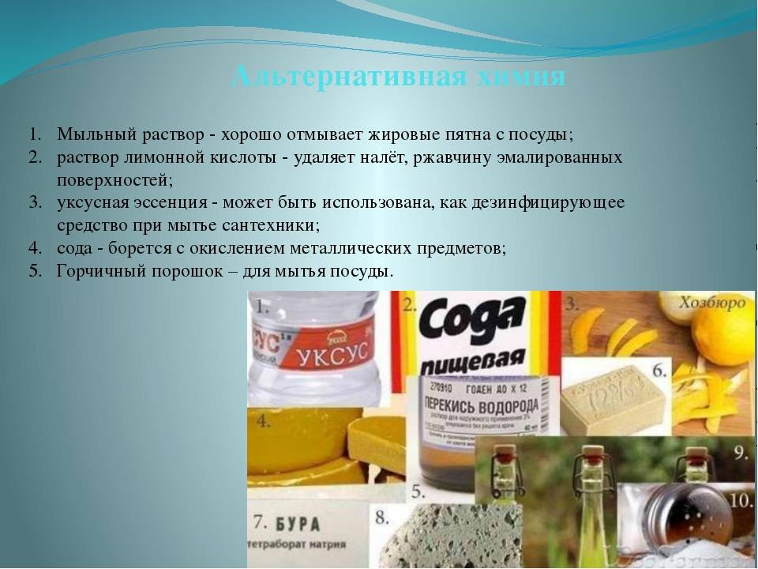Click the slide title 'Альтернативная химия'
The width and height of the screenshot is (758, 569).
pyautogui.click(x=399, y=77)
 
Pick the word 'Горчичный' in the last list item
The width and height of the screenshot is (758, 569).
pyautogui.click(x=96, y=271)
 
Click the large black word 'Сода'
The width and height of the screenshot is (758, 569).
pyautogui.click(x=472, y=320)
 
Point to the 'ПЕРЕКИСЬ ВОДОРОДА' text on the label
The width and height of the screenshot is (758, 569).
pyautogui.click(x=472, y=405)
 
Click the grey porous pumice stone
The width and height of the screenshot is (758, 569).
pyautogui.click(x=439, y=537)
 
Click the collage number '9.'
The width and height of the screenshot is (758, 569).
pyautogui.click(x=742, y=453)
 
